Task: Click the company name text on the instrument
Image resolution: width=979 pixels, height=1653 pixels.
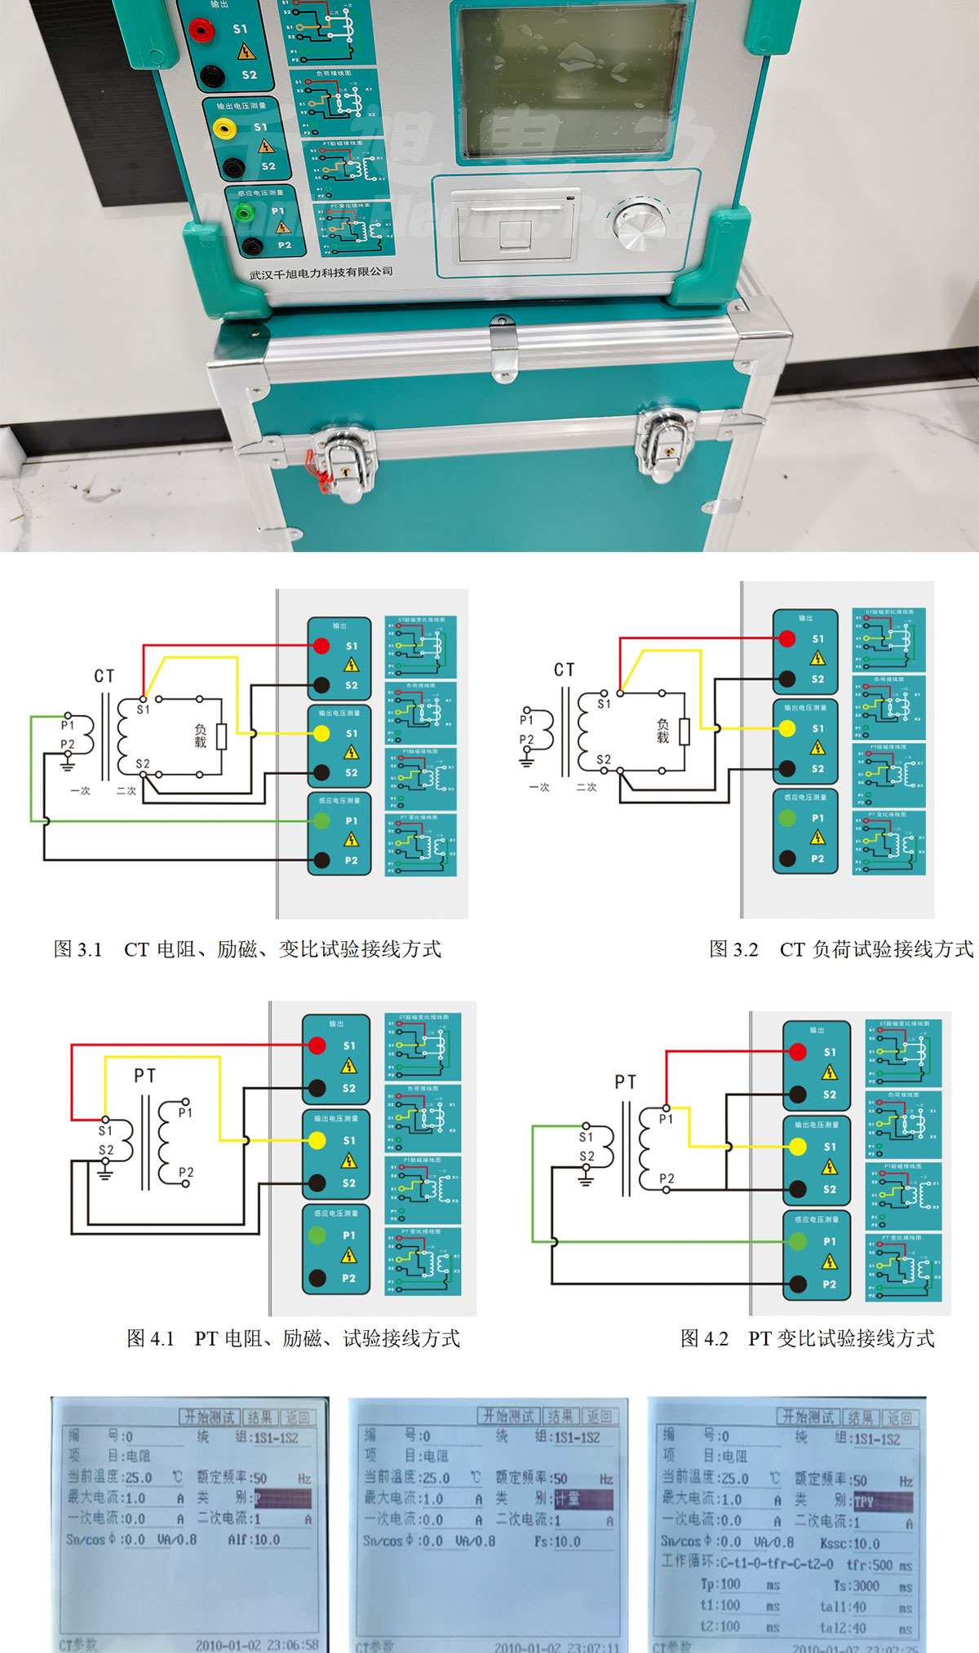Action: point(321,272)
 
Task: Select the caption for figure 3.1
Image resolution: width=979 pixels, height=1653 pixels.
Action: point(247,949)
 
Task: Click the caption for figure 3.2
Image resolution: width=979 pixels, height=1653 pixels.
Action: point(840,949)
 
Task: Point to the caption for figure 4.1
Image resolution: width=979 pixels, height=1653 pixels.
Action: point(294,1338)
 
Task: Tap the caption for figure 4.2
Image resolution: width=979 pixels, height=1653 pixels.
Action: point(808,1338)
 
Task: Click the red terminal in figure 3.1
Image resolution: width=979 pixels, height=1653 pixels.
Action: point(321,646)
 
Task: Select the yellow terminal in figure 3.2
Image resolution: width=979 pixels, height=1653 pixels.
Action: point(787,728)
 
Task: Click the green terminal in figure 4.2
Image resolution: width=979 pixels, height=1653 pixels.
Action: point(798,1241)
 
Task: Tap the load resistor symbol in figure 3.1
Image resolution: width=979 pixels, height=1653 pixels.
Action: point(221,736)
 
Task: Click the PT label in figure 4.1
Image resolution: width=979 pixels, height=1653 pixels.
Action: point(144,1076)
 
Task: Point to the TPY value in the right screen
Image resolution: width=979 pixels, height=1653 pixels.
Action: point(864,1502)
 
